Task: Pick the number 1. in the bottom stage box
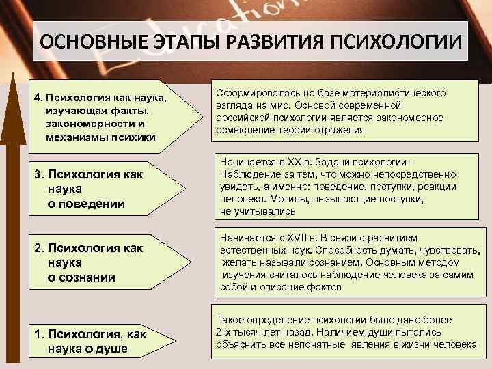click(39, 334)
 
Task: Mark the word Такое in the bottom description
click(230, 320)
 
